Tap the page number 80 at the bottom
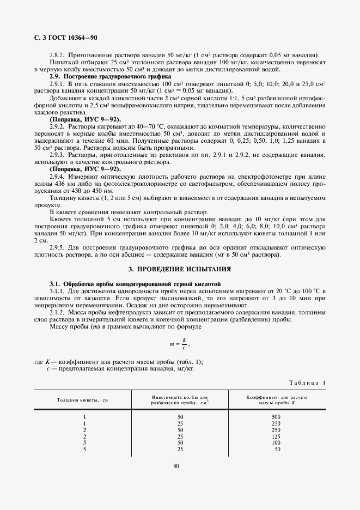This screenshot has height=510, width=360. pyautogui.click(x=175, y=465)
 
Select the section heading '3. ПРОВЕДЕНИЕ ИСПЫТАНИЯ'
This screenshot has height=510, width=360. pyautogui.click(x=179, y=269)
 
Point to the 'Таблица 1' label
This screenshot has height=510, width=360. pyautogui.click(x=307, y=383)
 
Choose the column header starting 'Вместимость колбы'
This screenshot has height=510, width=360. pyautogui.click(x=180, y=400)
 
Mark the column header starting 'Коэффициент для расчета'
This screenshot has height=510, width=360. pyautogui.click(x=277, y=400)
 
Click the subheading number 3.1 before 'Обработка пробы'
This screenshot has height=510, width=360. pyautogui.click(x=54, y=284)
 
